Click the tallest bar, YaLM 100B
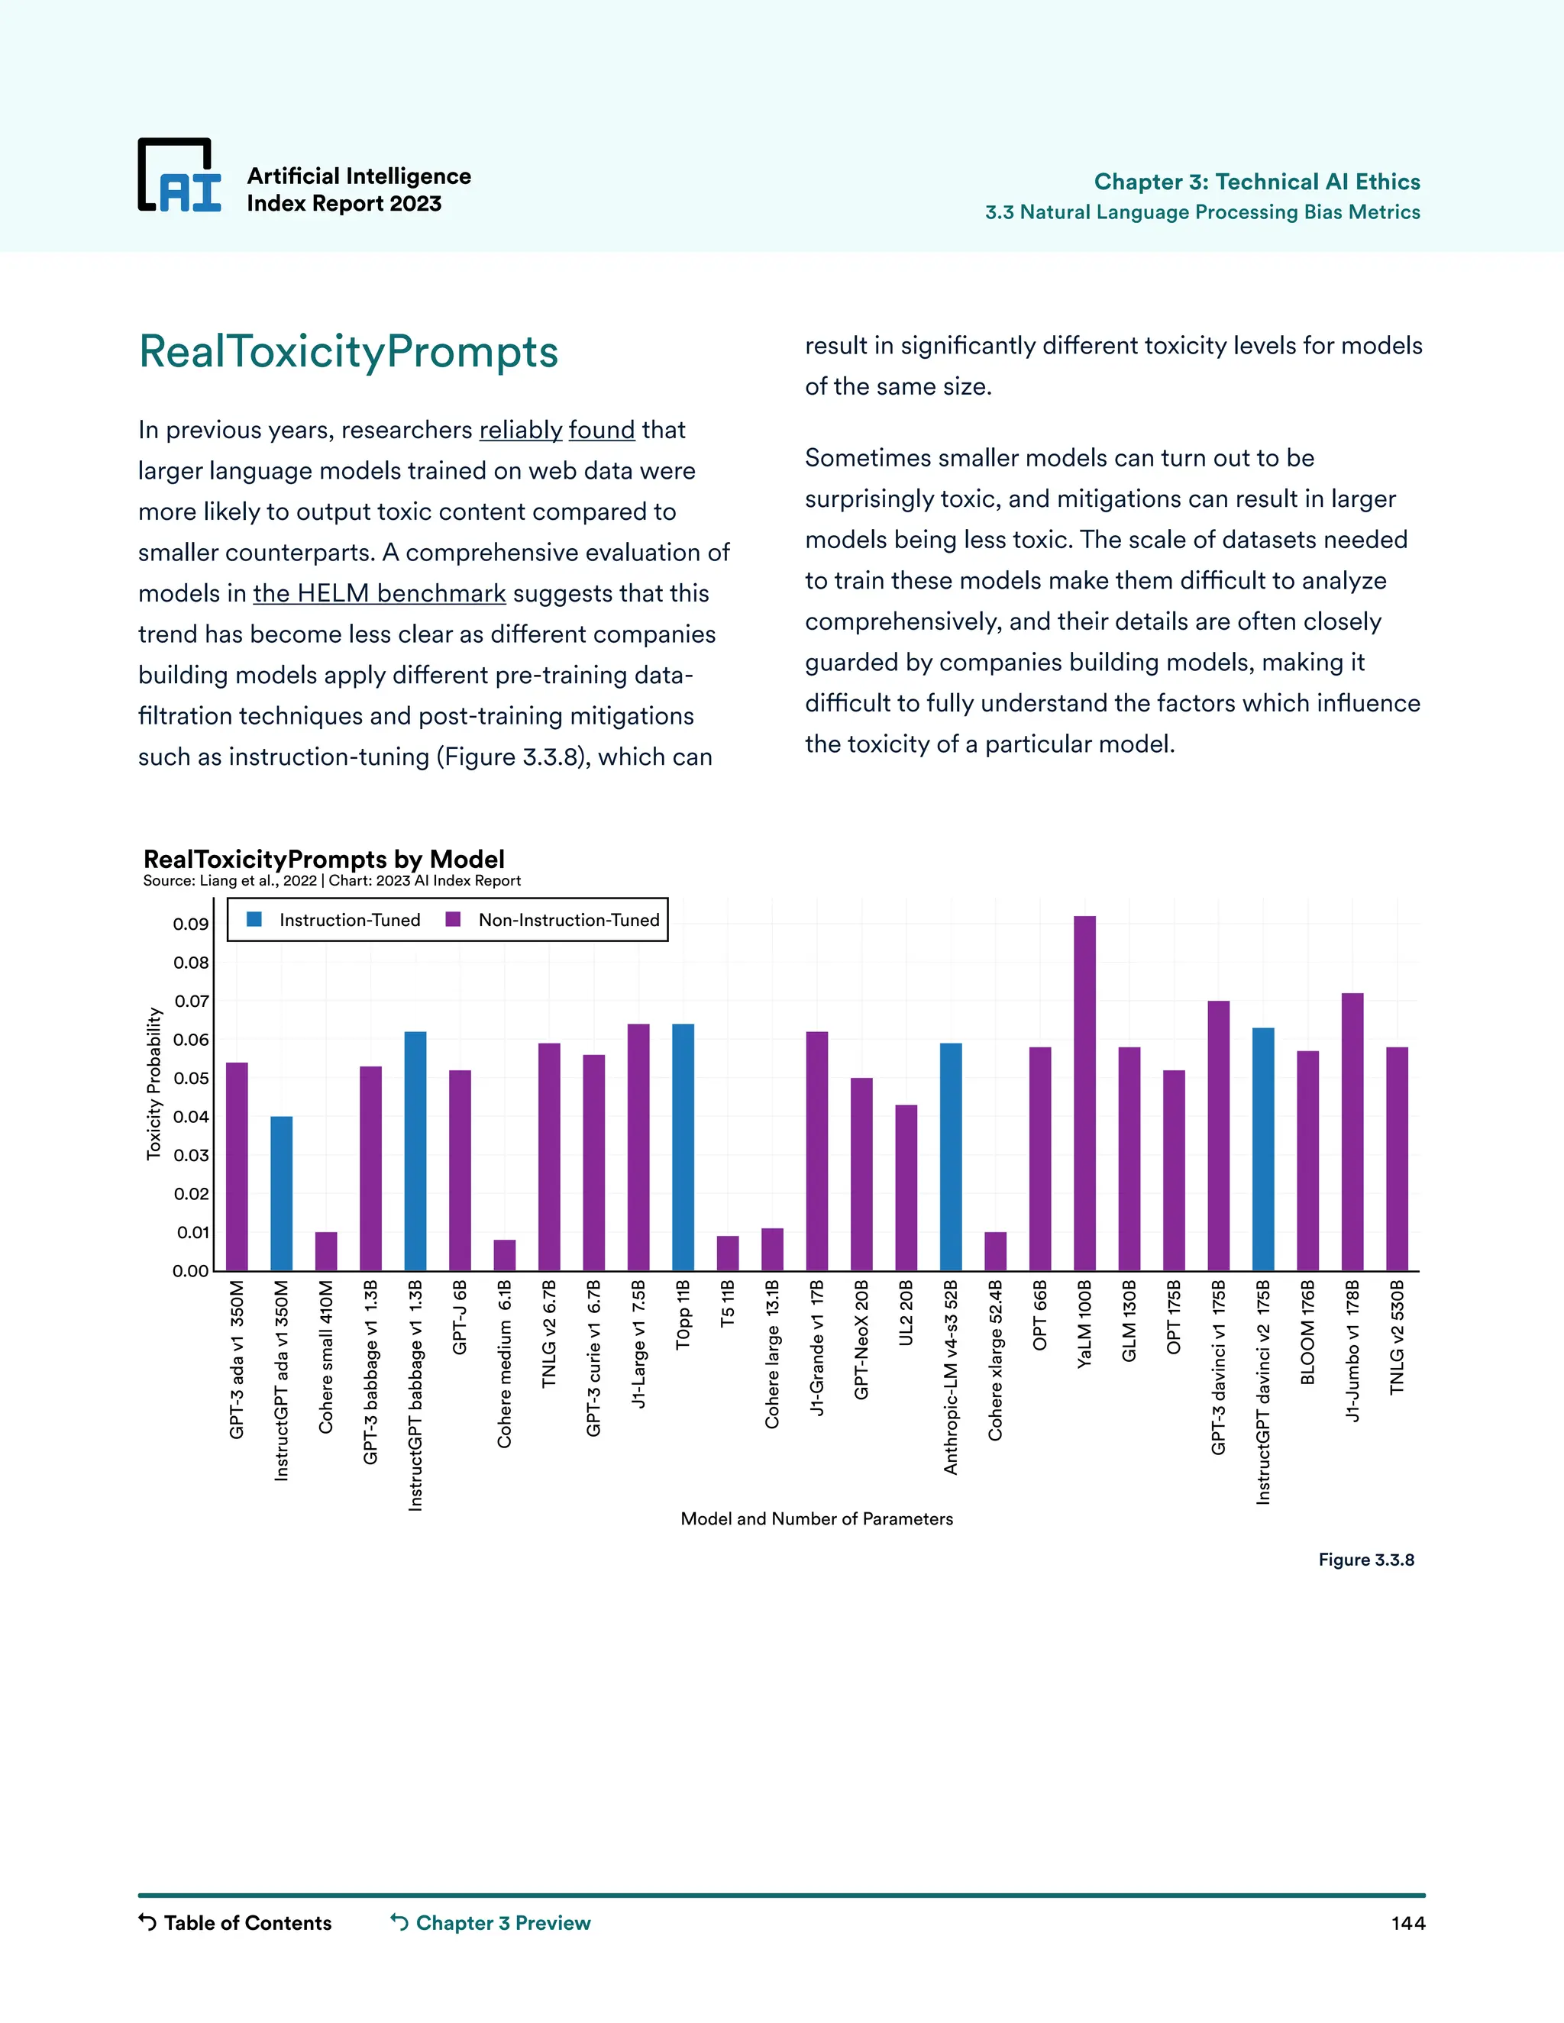click(x=1084, y=1093)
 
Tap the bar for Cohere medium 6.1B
click(x=504, y=1255)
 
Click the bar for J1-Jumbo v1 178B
click(x=1352, y=1132)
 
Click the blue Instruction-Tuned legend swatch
click(x=255, y=920)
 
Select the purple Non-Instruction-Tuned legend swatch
click(x=453, y=920)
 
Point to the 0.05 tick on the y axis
click(x=191, y=1078)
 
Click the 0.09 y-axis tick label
click(x=191, y=924)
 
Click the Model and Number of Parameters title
click(x=816, y=1519)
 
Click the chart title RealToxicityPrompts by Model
click(x=323, y=859)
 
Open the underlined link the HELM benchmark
click(x=379, y=593)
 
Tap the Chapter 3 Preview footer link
click(x=502, y=1923)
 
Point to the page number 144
click(x=1407, y=1924)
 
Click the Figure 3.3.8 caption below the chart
click(x=1365, y=1560)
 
